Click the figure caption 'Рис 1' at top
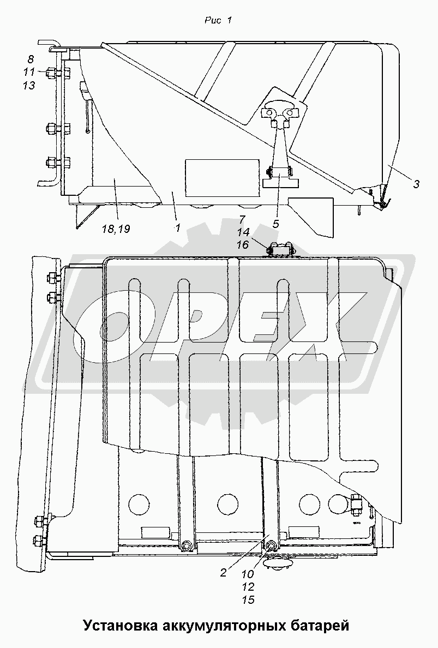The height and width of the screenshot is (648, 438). click(218, 20)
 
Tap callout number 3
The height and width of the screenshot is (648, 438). click(416, 184)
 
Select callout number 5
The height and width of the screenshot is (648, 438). click(275, 224)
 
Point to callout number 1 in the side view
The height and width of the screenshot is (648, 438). click(178, 227)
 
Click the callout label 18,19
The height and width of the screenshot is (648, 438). click(116, 229)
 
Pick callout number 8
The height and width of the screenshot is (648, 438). click(31, 59)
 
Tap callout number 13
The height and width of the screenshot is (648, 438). click(29, 85)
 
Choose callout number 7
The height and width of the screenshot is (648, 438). click(242, 219)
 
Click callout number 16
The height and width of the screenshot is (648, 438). click(242, 245)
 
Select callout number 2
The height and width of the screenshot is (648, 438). click(223, 573)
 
